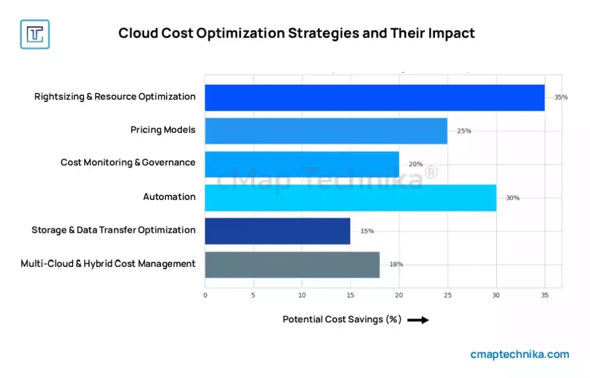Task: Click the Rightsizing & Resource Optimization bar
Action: point(375,97)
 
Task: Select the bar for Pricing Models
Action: point(326,131)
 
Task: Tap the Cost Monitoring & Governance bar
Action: point(302,164)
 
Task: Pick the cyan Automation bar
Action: point(350,198)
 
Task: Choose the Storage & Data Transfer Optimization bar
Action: point(278,230)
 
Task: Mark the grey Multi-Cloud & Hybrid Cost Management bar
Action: point(292,264)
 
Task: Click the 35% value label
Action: point(561,97)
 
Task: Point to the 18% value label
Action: point(396,264)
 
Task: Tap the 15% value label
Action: point(367,231)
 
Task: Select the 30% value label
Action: point(512,198)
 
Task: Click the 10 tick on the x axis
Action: point(302,295)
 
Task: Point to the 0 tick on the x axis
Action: point(205,295)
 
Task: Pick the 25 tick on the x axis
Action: point(447,295)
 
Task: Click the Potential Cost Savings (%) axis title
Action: point(342,319)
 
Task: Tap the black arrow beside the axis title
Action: point(418,320)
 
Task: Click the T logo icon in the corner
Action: point(35,34)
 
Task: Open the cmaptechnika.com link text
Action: point(520,354)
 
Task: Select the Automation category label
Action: point(169,197)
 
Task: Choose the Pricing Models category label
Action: point(163,130)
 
